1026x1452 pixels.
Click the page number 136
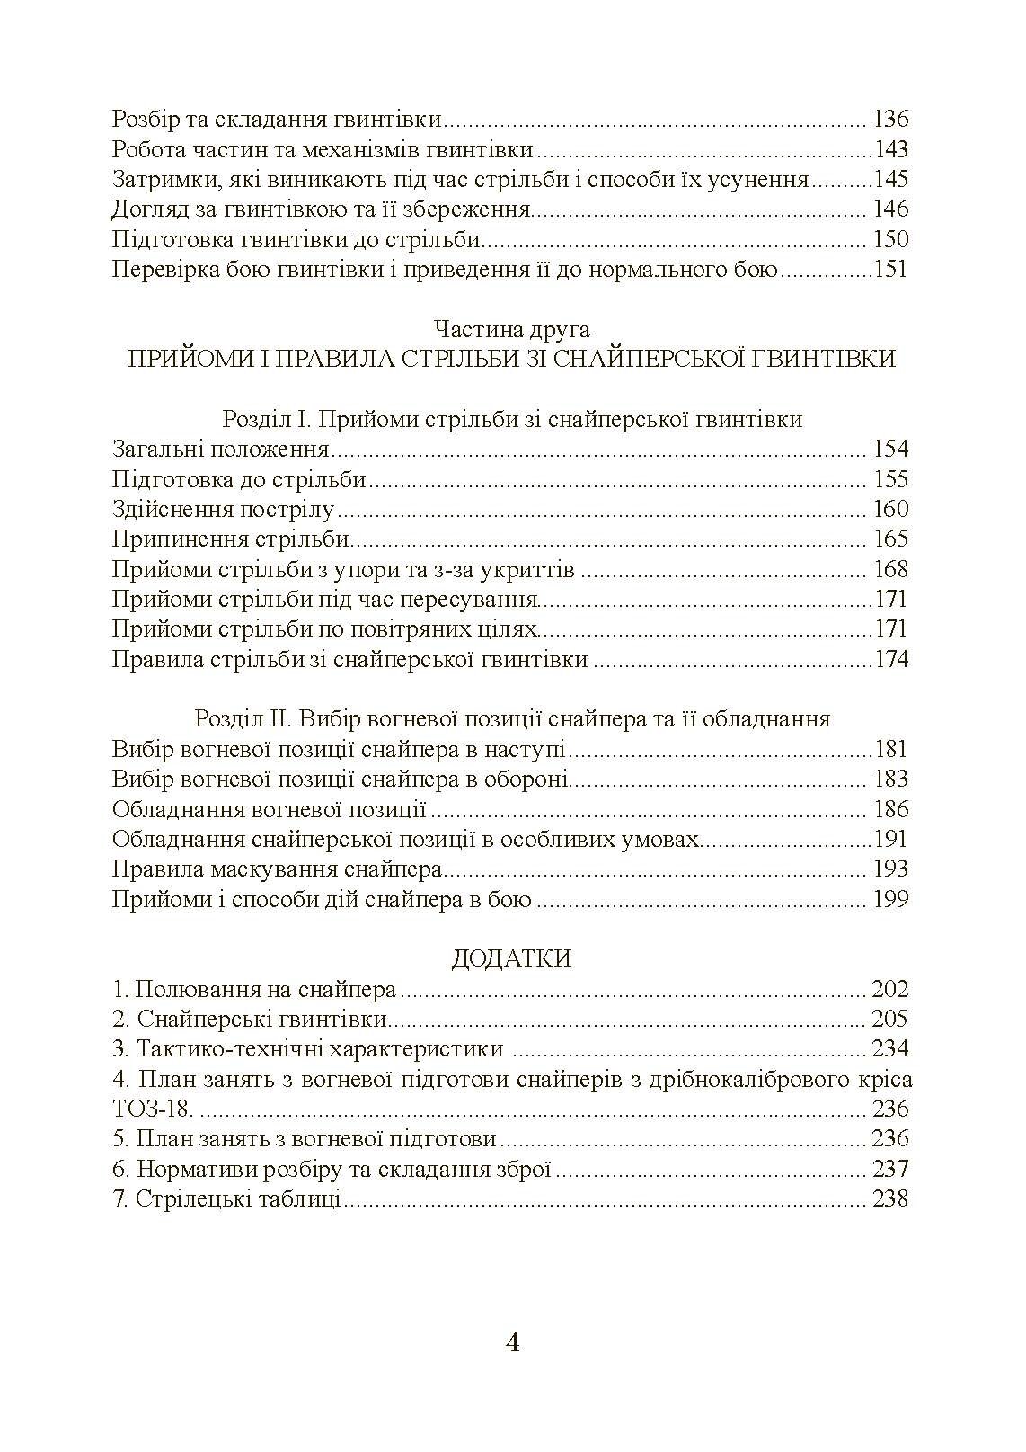[890, 120]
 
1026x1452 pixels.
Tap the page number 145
[890, 180]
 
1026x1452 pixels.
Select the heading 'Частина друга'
[511, 329]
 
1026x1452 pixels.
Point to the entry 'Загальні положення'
[221, 450]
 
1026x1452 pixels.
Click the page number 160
[890, 510]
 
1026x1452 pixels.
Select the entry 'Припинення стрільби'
[231, 539]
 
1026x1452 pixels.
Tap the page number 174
[890, 660]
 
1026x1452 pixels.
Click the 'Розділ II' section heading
[512, 719]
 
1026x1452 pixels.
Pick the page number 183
[890, 779]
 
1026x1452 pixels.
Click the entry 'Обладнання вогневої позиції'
[269, 809]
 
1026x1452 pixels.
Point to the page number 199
[890, 899]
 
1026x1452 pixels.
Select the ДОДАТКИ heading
[511, 958]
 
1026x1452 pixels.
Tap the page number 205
[890, 1020]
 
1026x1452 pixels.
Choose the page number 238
[890, 1199]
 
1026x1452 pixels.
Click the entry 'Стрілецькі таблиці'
[238, 1199]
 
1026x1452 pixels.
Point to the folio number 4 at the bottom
[513, 1343]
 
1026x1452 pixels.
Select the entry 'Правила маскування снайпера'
[278, 869]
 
